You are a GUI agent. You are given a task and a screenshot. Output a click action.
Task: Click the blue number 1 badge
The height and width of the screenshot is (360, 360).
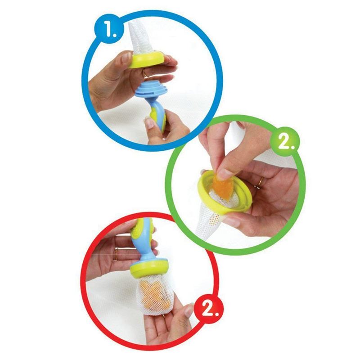coord(108,30)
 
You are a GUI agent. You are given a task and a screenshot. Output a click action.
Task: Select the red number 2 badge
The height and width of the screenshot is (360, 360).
coord(209,307)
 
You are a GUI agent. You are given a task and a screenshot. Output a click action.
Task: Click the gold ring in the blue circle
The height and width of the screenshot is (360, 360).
coord(145,74)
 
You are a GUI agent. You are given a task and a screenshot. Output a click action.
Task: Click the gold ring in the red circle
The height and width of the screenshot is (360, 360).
coord(116,254)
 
